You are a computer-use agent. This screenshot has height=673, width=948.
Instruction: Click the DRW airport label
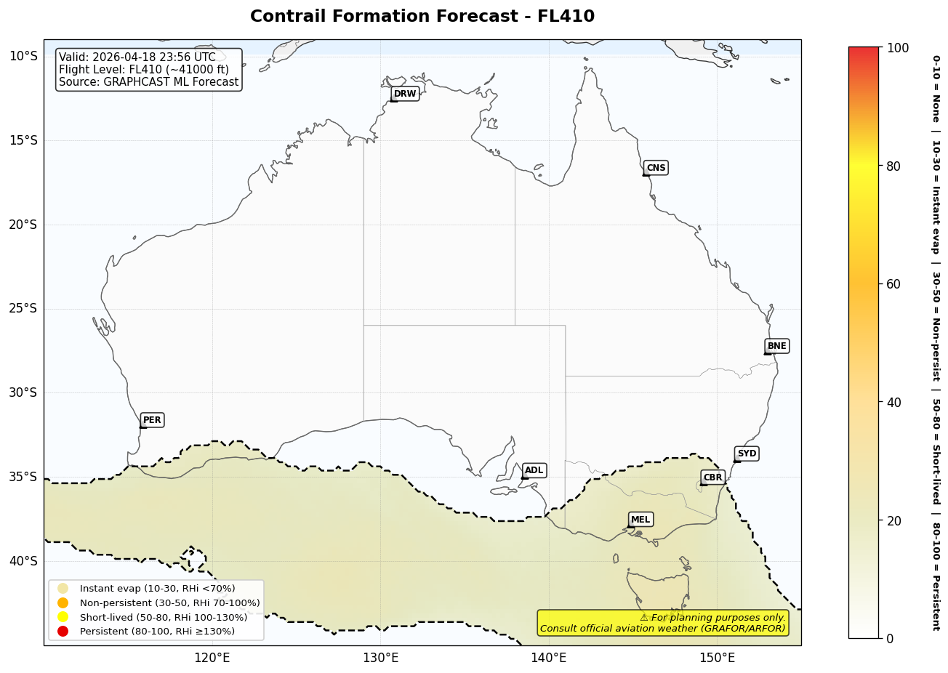(405, 94)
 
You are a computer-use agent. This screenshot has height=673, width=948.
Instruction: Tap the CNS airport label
(656, 168)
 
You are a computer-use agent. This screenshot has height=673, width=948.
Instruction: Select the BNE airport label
(776, 346)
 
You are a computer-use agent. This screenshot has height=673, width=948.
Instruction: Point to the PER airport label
(152, 420)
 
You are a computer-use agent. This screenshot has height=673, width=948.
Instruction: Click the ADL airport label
(534, 470)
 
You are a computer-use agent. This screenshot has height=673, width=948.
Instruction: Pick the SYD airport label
(747, 454)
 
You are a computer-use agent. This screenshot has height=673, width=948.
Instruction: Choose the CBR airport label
(712, 477)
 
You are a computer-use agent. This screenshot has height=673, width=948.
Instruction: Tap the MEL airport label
(640, 520)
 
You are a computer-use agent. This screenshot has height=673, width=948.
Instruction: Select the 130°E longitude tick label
(380, 658)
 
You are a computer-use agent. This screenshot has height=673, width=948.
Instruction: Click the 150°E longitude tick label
(717, 658)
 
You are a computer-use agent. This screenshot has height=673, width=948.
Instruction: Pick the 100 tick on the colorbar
(898, 48)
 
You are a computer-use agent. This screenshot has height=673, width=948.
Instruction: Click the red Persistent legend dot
(63, 631)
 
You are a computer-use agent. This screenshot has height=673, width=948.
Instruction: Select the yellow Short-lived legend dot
(63, 617)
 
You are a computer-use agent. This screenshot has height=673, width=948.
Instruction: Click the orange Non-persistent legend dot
(63, 603)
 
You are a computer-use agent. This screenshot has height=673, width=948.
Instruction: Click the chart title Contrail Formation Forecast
(422, 16)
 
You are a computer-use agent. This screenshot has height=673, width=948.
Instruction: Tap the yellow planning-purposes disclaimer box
(662, 623)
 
